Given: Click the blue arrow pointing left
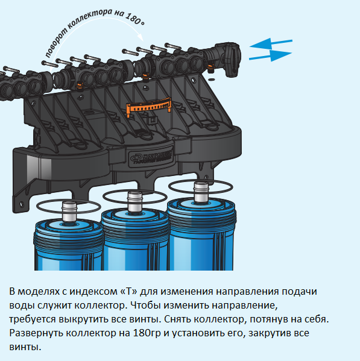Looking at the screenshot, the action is [x=271, y=44].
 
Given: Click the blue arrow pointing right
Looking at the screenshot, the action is [x=271, y=55].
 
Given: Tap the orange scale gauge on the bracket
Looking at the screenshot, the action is [x=149, y=106].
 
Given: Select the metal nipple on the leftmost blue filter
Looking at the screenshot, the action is [x=69, y=212].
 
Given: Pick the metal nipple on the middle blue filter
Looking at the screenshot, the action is [x=135, y=202].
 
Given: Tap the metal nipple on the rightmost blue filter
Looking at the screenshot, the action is [x=201, y=192].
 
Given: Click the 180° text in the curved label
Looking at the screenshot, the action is [x=135, y=19].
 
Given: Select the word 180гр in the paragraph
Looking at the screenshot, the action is [x=147, y=333].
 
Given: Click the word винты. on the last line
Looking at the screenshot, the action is [x=25, y=347].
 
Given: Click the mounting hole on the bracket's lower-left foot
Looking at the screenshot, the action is [x=22, y=204].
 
